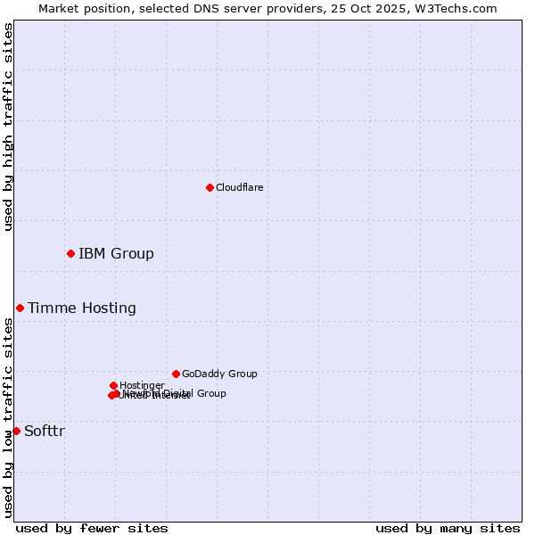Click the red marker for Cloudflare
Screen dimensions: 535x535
210,187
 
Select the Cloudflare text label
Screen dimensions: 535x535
239,187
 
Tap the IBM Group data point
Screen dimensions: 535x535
70,253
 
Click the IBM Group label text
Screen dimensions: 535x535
116,254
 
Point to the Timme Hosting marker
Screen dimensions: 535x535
20,308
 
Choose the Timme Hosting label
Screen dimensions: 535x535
82,309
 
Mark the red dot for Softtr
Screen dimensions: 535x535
16,431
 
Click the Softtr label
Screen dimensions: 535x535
45,432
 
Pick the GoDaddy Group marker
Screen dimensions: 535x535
176,374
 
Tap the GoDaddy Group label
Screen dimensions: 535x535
219,374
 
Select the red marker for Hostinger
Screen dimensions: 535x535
113,385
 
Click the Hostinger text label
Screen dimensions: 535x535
142,386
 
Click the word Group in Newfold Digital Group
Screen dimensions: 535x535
211,393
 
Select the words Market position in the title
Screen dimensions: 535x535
78,8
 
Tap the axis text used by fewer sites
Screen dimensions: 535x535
92,528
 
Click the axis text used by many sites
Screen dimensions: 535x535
448,528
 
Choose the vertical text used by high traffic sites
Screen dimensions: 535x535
8,127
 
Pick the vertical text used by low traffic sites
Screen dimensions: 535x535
8,416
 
